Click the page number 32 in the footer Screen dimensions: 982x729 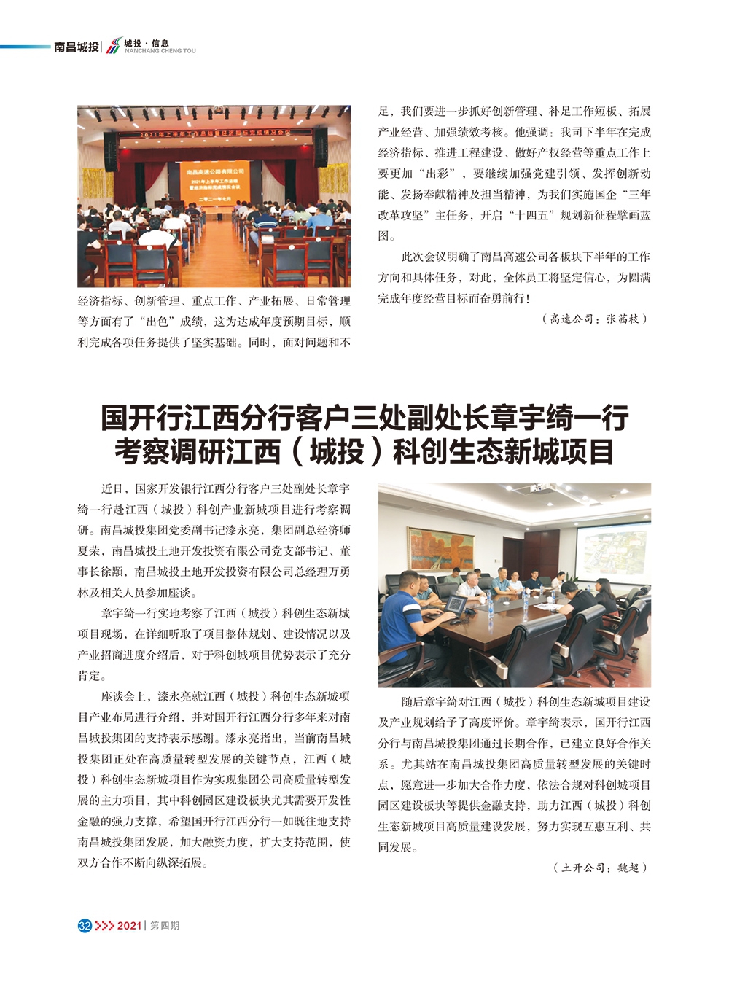[x=85, y=925]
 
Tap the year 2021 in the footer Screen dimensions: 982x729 [x=129, y=925]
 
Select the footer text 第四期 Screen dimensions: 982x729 [x=165, y=925]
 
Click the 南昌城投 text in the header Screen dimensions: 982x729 [x=76, y=47]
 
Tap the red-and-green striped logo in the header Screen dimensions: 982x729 [x=113, y=47]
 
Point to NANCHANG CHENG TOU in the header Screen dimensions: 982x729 [x=160, y=51]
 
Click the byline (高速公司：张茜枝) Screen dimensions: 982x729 [x=594, y=319]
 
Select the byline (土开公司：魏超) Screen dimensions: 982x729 [x=600, y=868]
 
